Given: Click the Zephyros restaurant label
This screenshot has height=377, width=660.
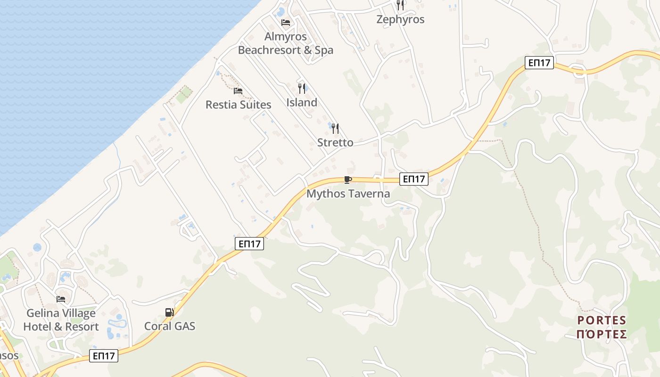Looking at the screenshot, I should pos(400,19).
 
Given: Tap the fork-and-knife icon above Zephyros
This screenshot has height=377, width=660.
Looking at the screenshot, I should pos(400,5).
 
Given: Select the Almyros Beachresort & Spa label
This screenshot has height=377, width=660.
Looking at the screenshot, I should pos(286,43).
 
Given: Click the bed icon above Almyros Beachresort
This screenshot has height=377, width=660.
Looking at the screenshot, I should pos(286,23).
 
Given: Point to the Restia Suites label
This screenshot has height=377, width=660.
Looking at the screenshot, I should pos(238,105).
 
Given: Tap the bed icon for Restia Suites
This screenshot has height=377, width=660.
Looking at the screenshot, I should pos(238,91).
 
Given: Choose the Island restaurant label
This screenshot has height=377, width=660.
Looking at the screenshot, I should pos(302,102).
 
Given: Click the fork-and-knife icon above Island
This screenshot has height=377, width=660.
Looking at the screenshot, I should pos(302,88).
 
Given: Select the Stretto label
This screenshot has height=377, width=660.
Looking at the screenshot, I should pos(335,142).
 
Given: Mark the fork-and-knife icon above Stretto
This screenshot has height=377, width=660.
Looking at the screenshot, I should pos(335,128).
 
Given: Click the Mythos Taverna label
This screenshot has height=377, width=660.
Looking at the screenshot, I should pos(348,194).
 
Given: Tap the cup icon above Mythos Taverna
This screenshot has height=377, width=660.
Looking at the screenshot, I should pos(348,180).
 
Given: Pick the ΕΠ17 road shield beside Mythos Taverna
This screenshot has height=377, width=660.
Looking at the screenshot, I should pos(413,179).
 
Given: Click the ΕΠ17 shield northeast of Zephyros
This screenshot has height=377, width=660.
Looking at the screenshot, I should pos(539,63).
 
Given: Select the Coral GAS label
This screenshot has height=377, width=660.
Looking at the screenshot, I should pos(170,326).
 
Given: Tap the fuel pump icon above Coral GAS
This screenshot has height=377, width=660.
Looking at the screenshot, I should pos(169,312).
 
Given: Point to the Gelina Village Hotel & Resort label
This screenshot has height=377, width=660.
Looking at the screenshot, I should pos(61,320).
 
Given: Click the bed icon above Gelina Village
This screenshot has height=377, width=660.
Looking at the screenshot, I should pos(61,299).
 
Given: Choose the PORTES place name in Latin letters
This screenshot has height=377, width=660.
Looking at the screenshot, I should pos(602,320).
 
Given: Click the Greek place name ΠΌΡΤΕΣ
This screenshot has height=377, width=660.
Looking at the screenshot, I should pos(602,334).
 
